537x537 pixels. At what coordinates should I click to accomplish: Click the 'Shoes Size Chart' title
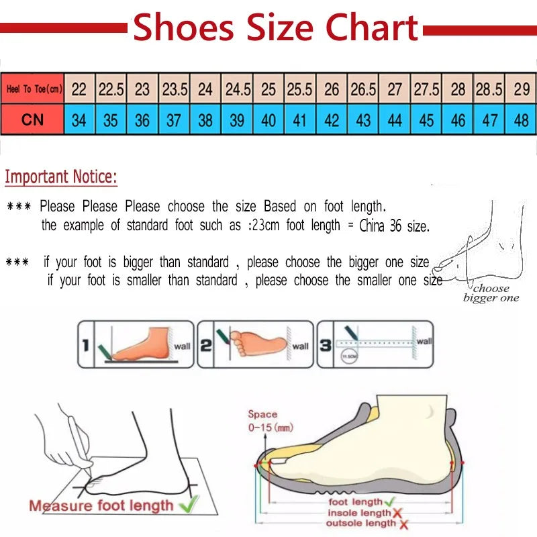click(x=275, y=28)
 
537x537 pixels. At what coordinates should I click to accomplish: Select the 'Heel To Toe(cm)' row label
click(x=33, y=89)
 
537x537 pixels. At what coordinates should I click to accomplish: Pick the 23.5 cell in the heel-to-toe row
click(x=175, y=89)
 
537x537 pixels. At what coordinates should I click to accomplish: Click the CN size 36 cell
click(x=142, y=121)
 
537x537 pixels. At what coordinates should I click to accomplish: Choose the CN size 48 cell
click(x=521, y=121)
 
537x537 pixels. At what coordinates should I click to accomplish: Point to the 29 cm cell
click(x=521, y=89)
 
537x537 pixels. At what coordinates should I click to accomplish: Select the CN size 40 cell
click(x=268, y=121)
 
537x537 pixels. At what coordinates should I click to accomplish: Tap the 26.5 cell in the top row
click(x=363, y=89)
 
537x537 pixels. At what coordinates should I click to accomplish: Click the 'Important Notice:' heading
click(x=61, y=177)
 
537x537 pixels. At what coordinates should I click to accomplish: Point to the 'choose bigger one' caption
click(x=491, y=293)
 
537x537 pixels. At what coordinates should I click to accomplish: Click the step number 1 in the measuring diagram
click(x=85, y=345)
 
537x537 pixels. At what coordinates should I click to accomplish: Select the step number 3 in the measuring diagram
click(x=324, y=345)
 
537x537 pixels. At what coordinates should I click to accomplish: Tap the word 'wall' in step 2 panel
click(x=301, y=346)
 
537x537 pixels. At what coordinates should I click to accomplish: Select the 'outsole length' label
click(x=362, y=524)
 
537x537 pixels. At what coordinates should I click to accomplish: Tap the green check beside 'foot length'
click(x=389, y=501)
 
